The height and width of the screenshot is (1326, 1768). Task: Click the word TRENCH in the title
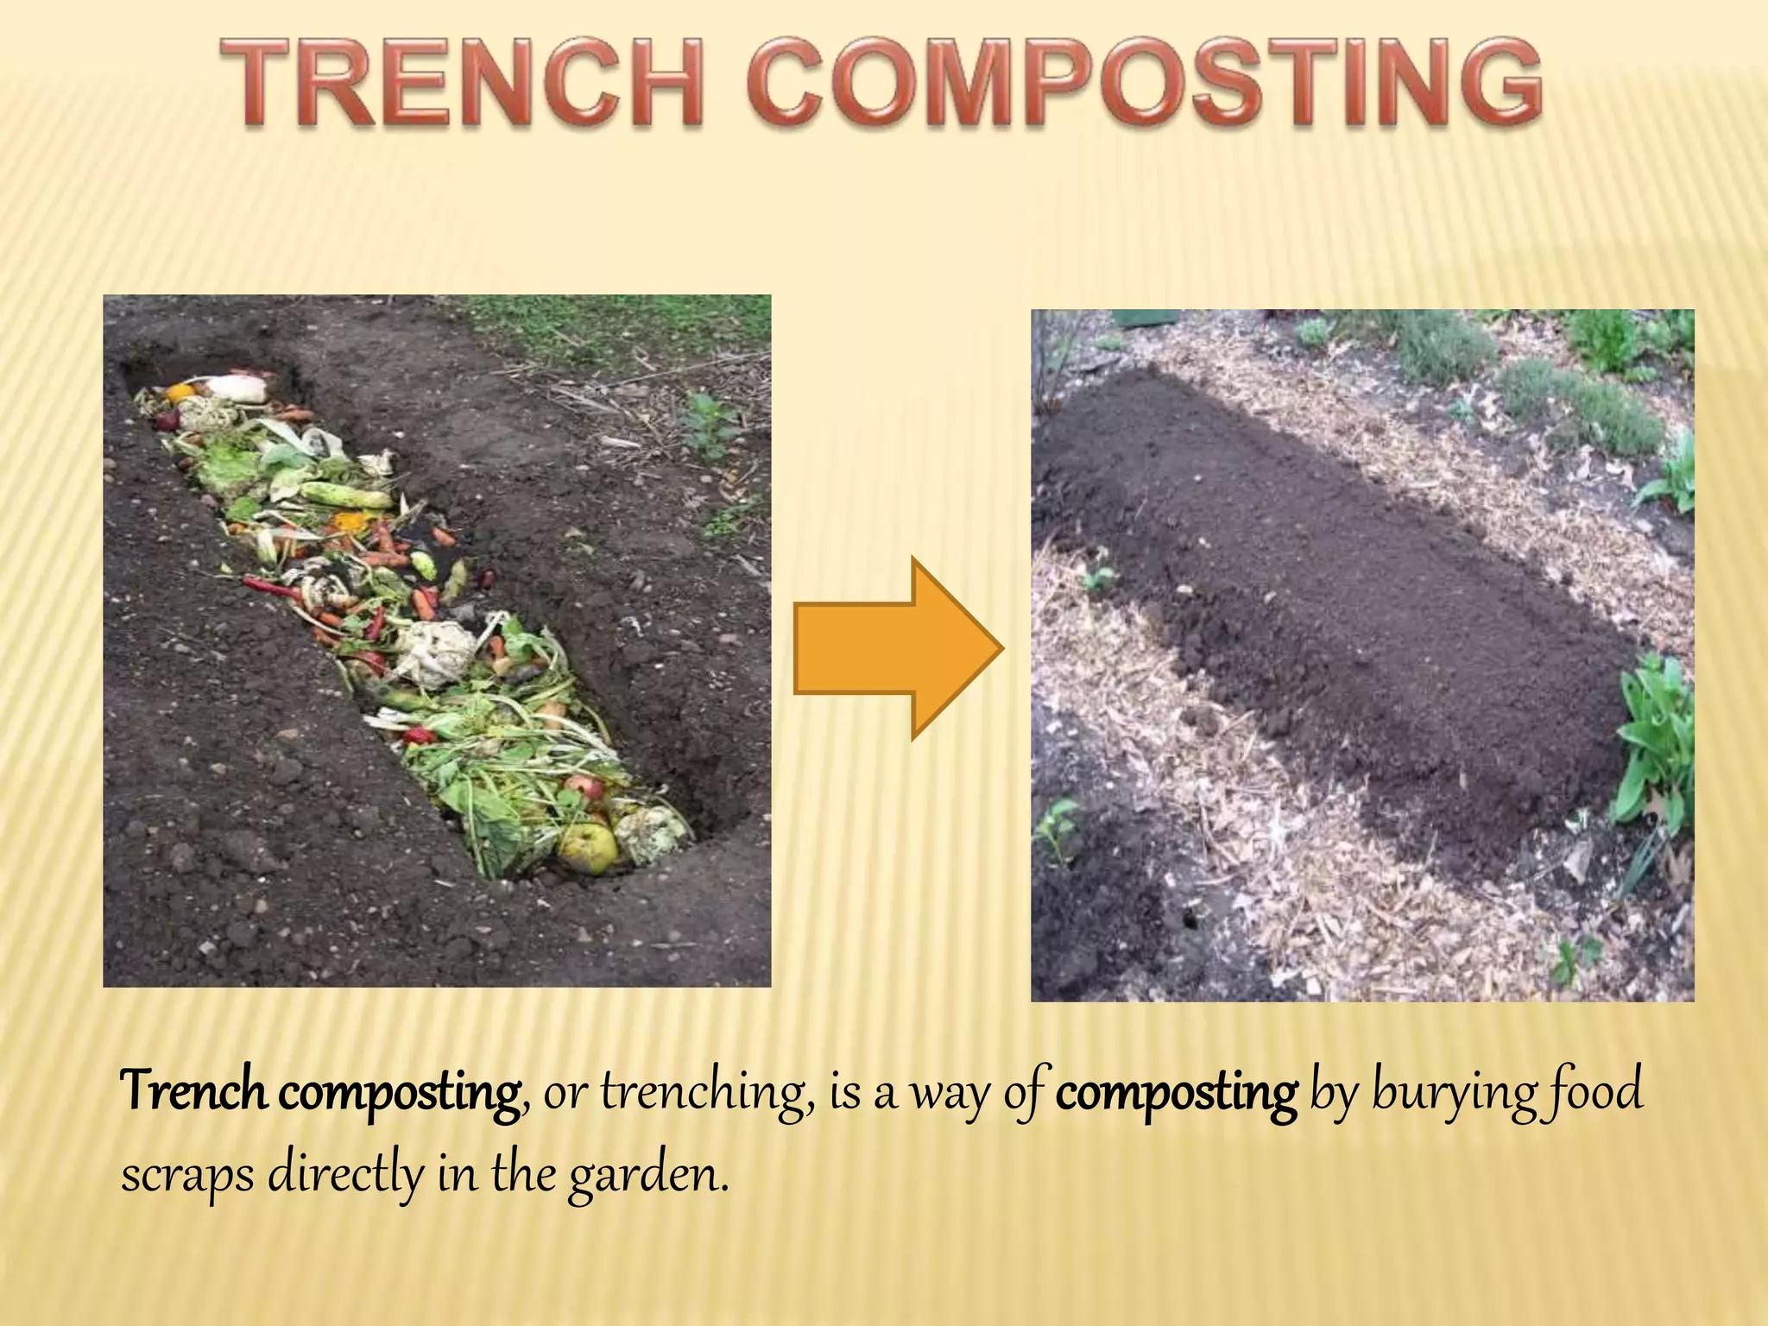tap(462, 84)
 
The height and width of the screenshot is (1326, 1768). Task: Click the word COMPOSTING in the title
tap(1144, 84)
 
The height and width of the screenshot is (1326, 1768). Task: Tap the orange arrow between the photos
tap(898, 648)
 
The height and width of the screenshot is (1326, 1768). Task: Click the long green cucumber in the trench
tap(345, 496)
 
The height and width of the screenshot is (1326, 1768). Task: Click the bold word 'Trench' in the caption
tap(193, 1092)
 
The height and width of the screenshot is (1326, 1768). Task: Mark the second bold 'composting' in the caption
tap(1176, 1092)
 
